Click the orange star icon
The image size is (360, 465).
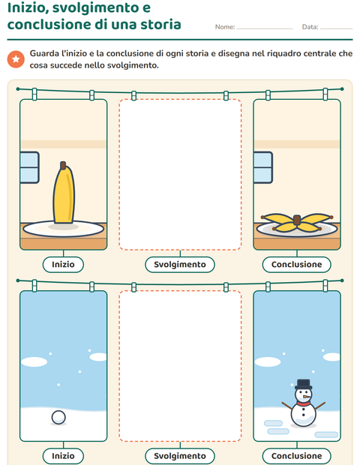pos(16,59)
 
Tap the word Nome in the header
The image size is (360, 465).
pos(224,27)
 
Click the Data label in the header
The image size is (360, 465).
pos(309,27)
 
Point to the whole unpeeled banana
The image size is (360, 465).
pos(64,193)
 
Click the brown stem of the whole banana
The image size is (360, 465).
pos(63,165)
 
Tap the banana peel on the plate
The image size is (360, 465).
pos(297,222)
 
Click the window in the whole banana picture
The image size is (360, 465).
pos(29,167)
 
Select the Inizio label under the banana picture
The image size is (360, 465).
pos(63,264)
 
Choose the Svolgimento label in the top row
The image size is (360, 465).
pos(180,264)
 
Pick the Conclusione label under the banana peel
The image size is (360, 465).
pos(296,264)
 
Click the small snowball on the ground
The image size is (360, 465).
pos(58,418)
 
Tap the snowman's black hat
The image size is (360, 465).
pos(303,384)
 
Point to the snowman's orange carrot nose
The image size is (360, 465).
pos(307,396)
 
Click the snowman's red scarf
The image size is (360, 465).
pos(303,403)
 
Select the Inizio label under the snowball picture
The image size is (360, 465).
pos(63,456)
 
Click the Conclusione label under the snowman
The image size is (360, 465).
pos(296,456)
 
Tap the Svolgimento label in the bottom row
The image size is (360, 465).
pos(180,456)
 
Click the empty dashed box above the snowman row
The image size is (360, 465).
pos(180,175)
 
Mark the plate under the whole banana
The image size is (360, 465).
pos(64,229)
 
